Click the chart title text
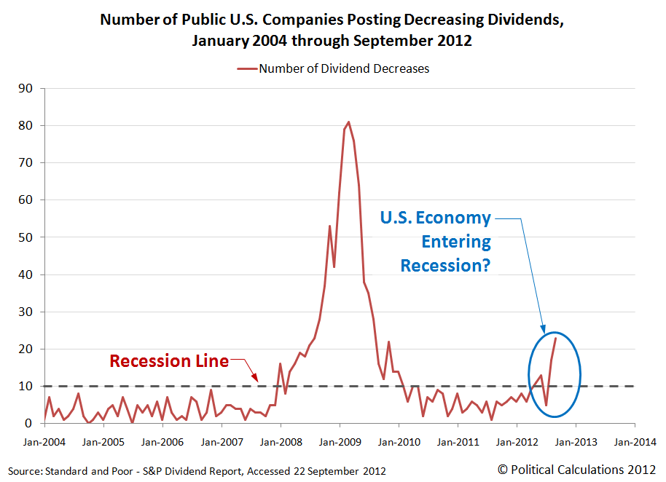tap(332, 30)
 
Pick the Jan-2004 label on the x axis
tap(44, 441)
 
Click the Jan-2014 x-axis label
tap(635, 441)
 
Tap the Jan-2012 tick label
tap(517, 441)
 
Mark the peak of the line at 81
tap(349, 122)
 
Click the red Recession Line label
tap(169, 360)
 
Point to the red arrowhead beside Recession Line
tap(255, 377)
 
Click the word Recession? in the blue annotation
tap(445, 265)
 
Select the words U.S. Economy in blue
tap(436, 218)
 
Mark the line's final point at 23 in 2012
tap(556, 338)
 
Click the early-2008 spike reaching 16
tap(280, 363)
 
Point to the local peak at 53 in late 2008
tap(329, 226)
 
